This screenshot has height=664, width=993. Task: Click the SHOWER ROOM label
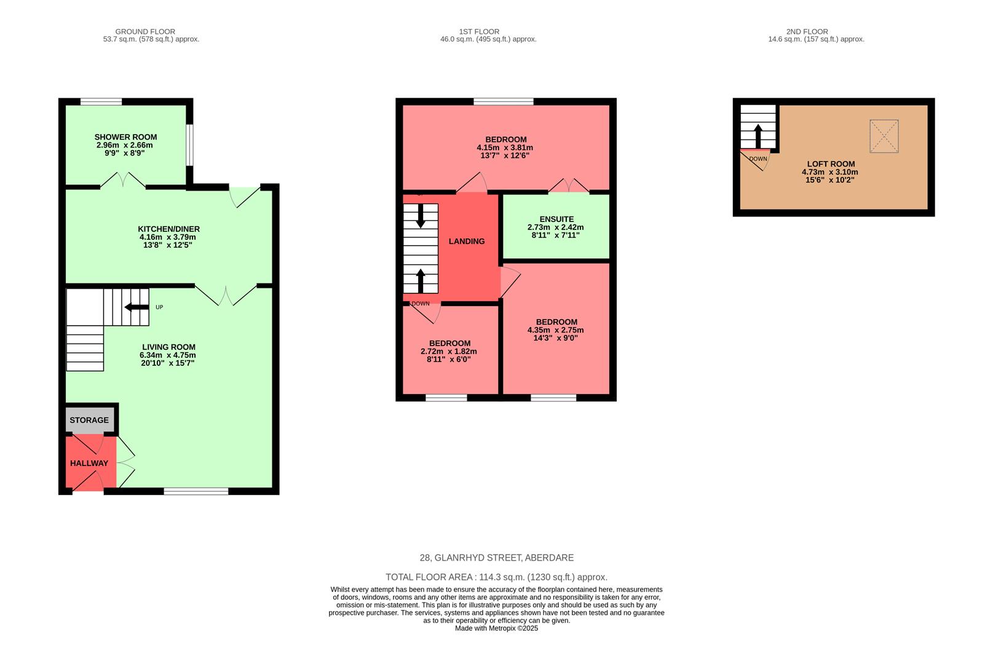tap(125, 137)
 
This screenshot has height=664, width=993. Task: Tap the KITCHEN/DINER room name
tap(168, 229)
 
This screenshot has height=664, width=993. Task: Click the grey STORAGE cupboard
tap(89, 420)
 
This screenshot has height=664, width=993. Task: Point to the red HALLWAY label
tap(89, 463)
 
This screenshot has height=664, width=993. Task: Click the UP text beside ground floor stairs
tap(159, 307)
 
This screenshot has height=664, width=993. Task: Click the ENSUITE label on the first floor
tap(556, 219)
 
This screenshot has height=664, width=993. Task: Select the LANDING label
tap(467, 241)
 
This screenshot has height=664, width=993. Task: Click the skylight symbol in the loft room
tap(884, 136)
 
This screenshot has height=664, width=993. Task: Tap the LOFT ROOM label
tap(831, 164)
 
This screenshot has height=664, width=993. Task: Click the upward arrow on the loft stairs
tap(758, 136)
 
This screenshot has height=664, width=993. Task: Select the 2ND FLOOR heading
tap(807, 31)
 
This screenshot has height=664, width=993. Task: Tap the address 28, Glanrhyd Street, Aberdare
tap(496, 558)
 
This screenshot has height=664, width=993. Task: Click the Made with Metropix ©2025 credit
tap(496, 628)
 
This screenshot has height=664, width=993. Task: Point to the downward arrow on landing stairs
tap(421, 215)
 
